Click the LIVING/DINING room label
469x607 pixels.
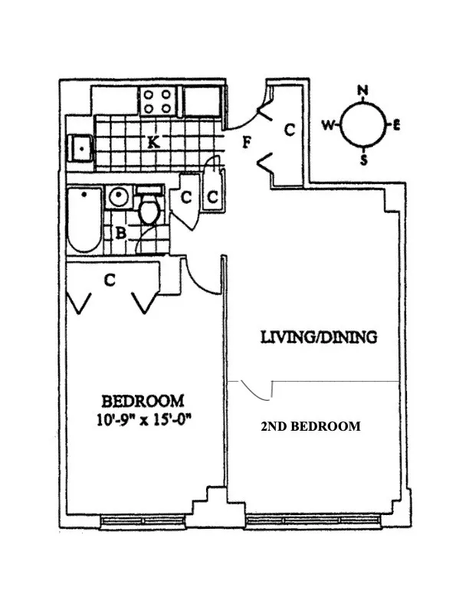click(x=318, y=337)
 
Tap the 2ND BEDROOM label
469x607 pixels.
click(x=310, y=427)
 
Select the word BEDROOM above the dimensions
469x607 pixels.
click(x=143, y=399)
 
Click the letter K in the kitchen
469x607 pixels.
click(x=153, y=142)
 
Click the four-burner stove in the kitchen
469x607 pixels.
click(x=158, y=101)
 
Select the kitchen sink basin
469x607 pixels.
click(x=79, y=146)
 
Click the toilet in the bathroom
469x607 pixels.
click(x=149, y=207)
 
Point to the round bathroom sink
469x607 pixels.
click(x=118, y=196)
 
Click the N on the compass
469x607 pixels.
click(x=362, y=90)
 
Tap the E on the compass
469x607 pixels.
click(x=397, y=126)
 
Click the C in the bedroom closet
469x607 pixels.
click(x=110, y=281)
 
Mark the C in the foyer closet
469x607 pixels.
click(x=289, y=130)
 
